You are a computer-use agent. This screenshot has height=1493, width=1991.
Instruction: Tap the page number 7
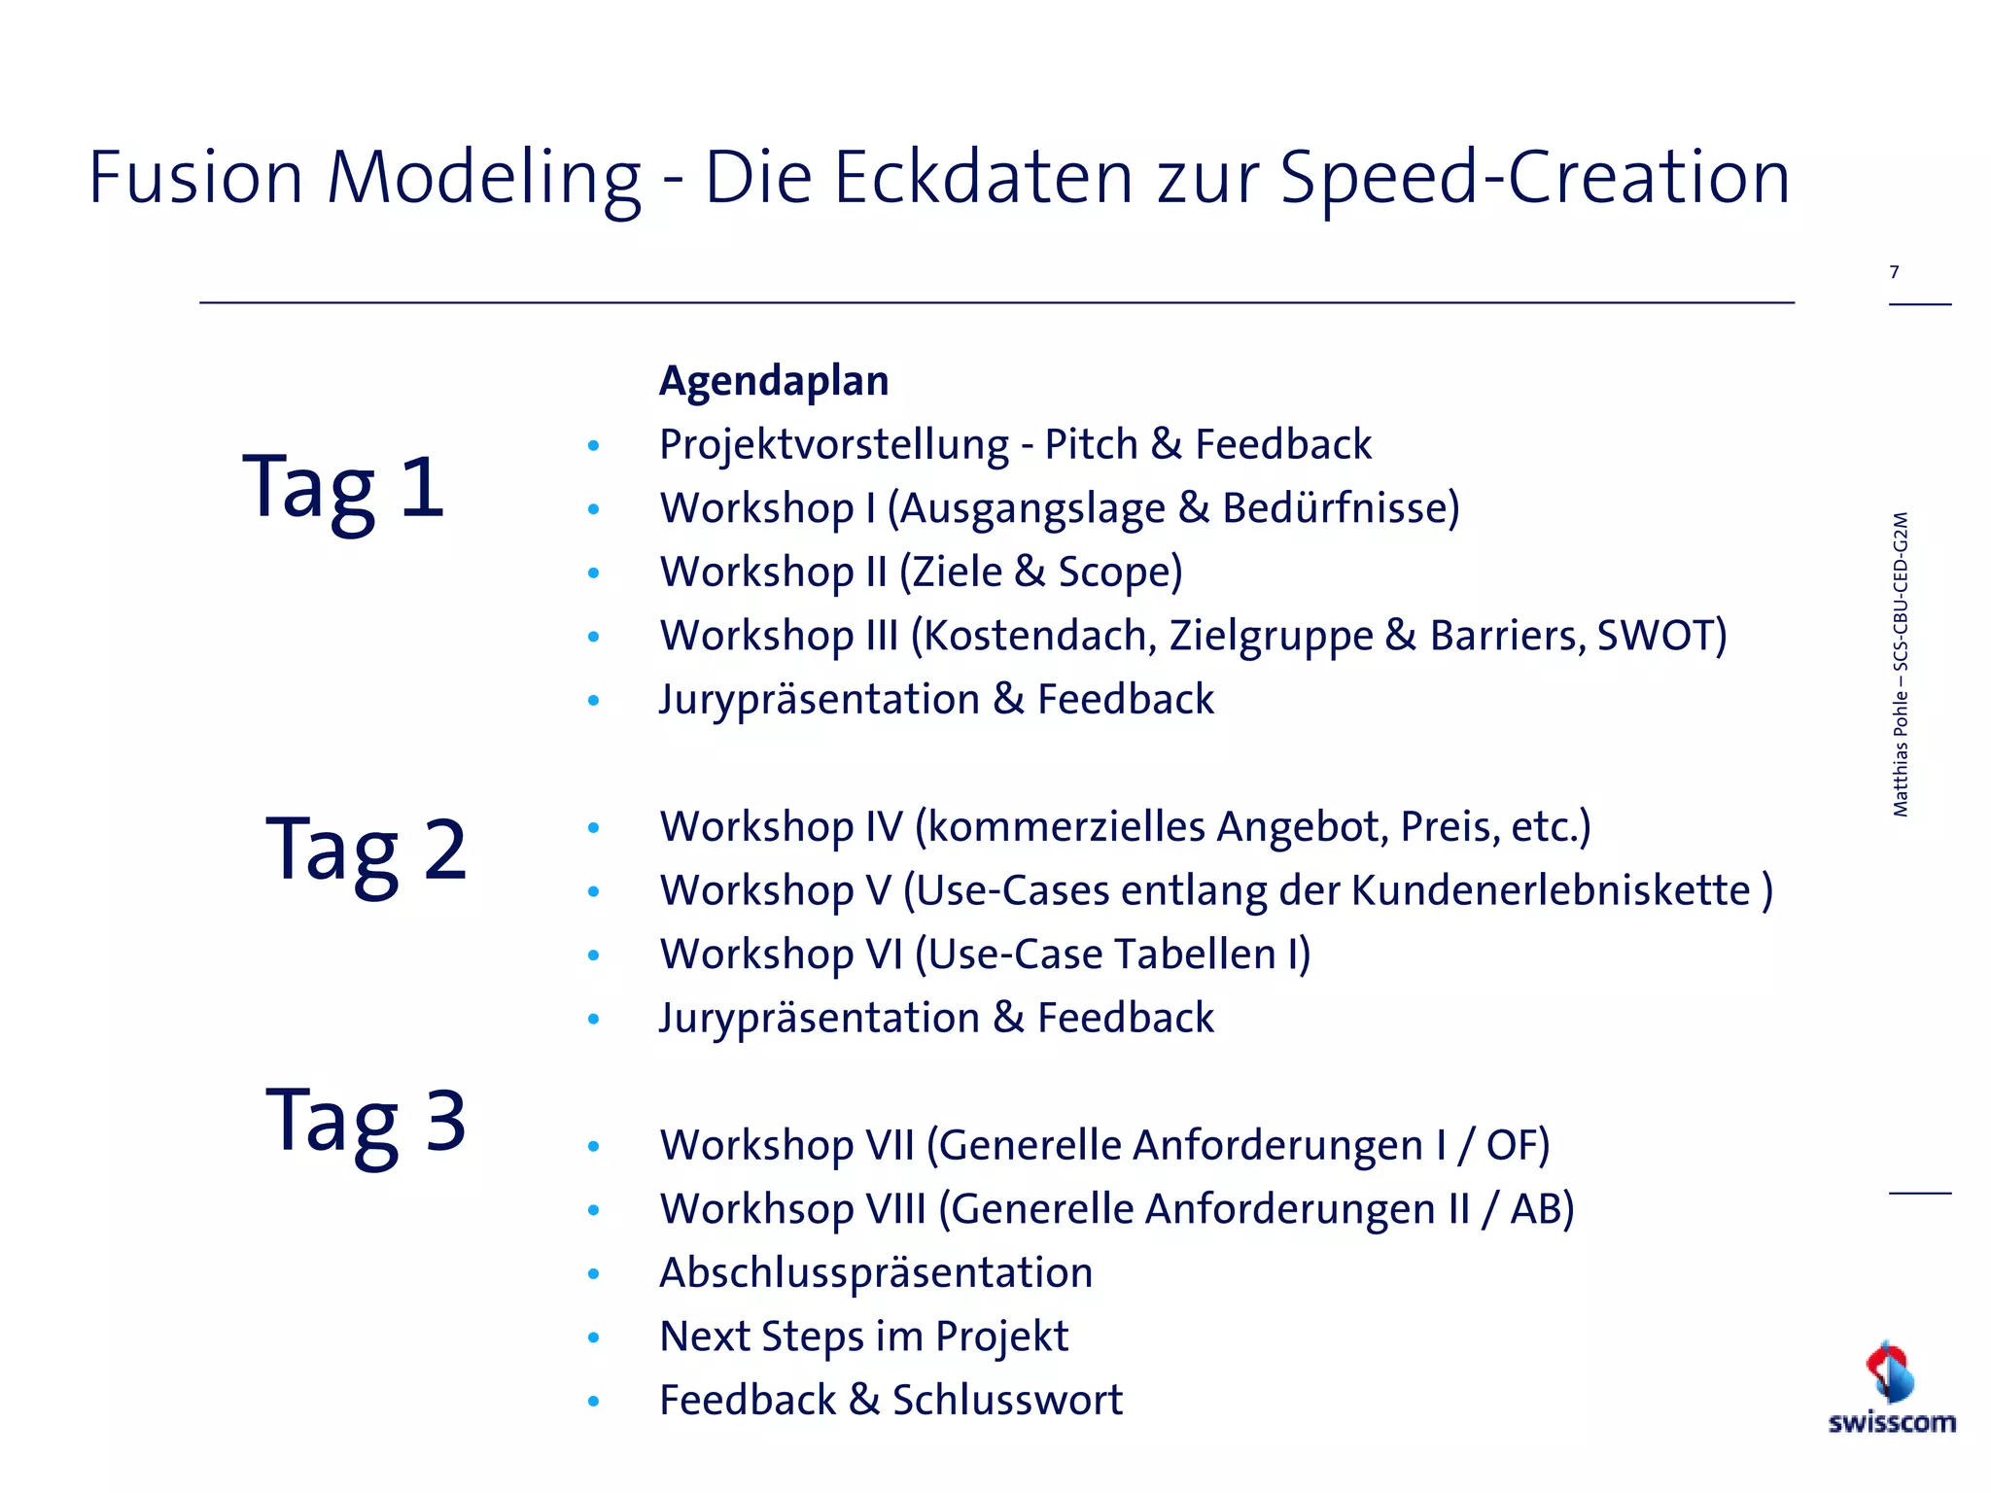click(x=1894, y=272)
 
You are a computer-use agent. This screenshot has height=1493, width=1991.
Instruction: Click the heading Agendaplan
click(x=774, y=380)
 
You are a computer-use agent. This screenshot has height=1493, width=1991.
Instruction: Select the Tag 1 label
click(x=344, y=488)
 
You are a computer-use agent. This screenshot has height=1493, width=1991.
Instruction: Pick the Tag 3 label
click(x=367, y=1121)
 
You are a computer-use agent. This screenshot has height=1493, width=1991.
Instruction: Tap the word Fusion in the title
click(x=195, y=178)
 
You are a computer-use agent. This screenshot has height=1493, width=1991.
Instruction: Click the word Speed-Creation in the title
click(x=1535, y=178)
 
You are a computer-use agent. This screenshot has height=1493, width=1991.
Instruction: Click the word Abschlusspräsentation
click(x=876, y=1272)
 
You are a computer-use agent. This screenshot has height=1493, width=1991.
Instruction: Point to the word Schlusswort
click(x=1007, y=1400)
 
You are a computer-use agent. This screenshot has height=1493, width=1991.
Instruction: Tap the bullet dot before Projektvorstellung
click(x=594, y=446)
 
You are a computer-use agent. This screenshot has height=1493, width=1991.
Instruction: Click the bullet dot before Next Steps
click(x=594, y=1337)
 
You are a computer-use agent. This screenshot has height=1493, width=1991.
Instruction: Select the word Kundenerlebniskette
click(x=1551, y=890)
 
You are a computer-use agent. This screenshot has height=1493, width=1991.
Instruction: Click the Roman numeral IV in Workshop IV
click(x=884, y=827)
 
